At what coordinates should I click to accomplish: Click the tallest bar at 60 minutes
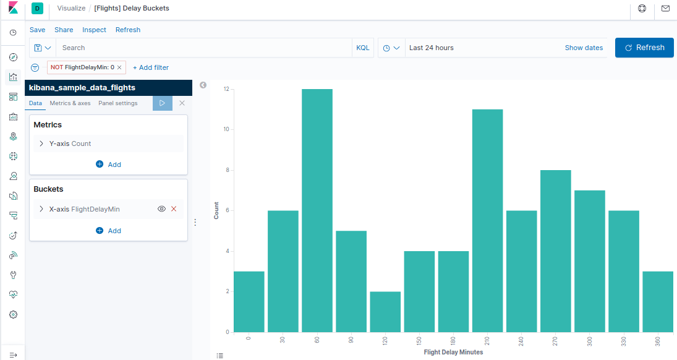coord(317,210)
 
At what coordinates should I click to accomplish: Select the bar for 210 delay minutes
coord(487,221)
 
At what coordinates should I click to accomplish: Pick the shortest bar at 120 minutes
coord(385,312)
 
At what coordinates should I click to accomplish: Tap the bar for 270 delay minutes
coord(555,251)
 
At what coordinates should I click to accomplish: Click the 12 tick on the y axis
coord(226,89)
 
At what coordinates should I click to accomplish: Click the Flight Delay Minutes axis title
coord(453,353)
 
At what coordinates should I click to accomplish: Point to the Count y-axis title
coord(216,211)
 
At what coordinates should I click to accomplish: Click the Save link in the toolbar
coord(37,30)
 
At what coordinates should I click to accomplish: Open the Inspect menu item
coord(94,30)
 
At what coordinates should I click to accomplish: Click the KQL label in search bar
coord(363,48)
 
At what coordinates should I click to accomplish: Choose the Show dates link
coord(584,48)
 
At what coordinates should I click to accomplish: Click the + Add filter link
coord(151,67)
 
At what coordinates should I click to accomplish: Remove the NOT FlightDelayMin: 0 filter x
coord(119,67)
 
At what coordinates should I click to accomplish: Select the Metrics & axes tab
coord(70,103)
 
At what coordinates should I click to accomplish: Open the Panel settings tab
coord(117,103)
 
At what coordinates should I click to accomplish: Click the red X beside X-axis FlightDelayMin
coord(174,209)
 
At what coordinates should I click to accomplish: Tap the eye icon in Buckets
coord(161,209)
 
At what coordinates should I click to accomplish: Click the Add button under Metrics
coord(109,165)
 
